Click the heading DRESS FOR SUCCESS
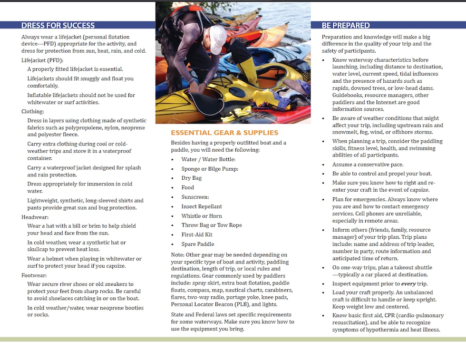coord(58,26)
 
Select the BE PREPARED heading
coord(346,26)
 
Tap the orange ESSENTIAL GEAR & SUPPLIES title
coord(224,133)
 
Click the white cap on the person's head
coord(217,38)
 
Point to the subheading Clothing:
coord(33,112)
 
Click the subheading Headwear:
coord(35,217)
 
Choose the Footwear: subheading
coord(35,275)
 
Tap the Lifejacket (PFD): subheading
coord(42,60)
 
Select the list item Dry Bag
coord(192,178)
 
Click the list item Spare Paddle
coord(198,244)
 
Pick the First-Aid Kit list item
coord(197,234)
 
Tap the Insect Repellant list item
coord(202,206)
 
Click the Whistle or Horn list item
coord(202,216)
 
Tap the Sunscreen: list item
coord(195,197)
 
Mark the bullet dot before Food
coord(173,188)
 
